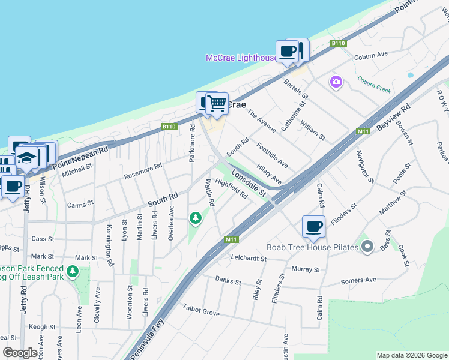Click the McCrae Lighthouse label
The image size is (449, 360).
tap(241, 58)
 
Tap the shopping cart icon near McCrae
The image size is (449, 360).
tap(217, 104)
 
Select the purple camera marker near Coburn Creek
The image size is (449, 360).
tap(336, 82)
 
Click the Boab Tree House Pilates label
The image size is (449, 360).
tap(312, 247)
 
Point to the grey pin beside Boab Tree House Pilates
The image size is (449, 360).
tap(368, 247)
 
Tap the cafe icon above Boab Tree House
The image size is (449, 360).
tap(313, 227)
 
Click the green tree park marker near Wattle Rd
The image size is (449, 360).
tap(195, 218)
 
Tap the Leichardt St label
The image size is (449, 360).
tap(248, 258)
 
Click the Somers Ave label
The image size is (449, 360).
tap(358, 280)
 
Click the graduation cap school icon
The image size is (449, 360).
tap(27, 158)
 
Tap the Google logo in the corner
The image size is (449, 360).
tap(20, 353)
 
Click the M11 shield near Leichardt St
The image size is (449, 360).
tap(232, 239)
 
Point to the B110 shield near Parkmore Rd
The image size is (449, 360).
tap(169, 127)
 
